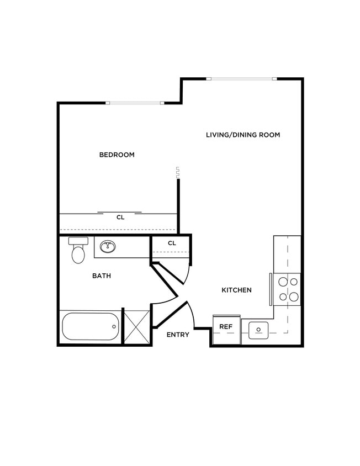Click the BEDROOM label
point(117,155)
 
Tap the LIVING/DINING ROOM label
point(243,135)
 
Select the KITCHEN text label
point(236,290)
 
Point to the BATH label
point(102,276)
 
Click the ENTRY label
point(178,335)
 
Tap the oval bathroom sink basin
point(108,246)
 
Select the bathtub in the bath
point(90,326)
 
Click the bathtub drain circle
point(114,326)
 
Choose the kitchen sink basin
point(258,330)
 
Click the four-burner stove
point(288,289)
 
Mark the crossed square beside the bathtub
point(136,327)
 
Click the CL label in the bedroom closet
point(120,218)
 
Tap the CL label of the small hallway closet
point(172,243)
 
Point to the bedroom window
point(134,103)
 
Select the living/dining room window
point(241,79)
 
